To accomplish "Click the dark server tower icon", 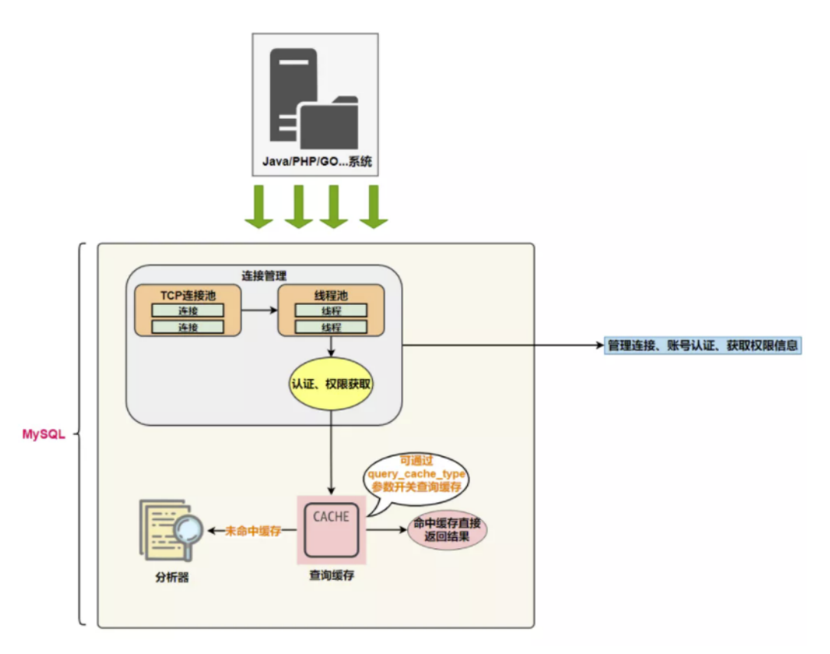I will [x=291, y=92].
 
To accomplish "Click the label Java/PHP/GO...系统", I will [x=315, y=163].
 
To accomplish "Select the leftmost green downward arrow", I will [x=259, y=207].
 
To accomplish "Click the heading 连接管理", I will [x=264, y=275].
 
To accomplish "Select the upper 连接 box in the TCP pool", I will [x=188, y=310].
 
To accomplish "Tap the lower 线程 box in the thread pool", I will [x=330, y=327].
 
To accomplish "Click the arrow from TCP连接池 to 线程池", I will [x=259, y=311].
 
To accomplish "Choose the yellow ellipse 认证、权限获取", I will [x=331, y=384].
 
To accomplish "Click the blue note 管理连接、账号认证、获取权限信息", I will [x=703, y=345].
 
